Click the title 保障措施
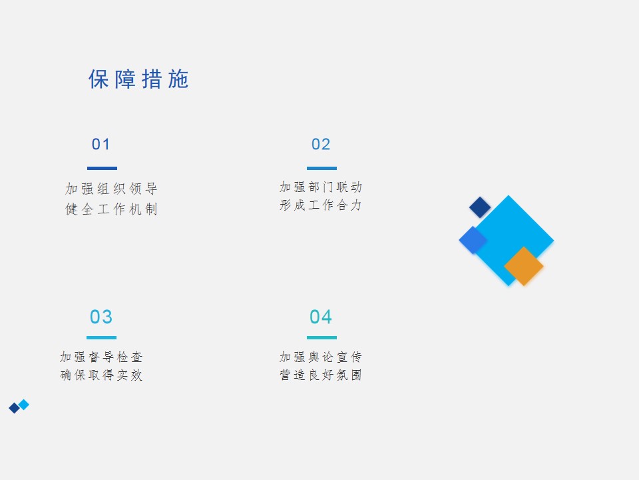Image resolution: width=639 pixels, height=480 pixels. point(138,79)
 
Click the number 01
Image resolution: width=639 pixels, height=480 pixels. point(101,144)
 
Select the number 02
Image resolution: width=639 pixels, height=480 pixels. point(321,144)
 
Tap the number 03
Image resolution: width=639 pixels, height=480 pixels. point(101,317)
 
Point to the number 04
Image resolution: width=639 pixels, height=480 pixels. point(321,317)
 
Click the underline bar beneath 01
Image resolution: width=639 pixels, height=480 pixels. point(102,168)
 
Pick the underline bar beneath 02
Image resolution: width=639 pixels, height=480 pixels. point(321,168)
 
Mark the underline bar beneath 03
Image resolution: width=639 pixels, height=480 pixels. point(101,337)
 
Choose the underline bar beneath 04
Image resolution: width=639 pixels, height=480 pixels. point(321,337)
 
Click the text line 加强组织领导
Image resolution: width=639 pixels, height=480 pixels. point(111,189)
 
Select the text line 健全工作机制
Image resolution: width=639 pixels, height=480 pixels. point(111,209)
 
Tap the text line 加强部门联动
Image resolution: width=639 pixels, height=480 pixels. point(321,187)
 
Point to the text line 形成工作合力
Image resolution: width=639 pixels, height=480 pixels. point(321,205)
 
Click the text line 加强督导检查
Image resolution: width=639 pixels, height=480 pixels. point(101,357)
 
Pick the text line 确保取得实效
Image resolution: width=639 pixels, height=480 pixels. point(101,375)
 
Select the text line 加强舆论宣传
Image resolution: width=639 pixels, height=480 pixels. point(321,357)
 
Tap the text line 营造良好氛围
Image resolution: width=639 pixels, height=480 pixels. point(321,375)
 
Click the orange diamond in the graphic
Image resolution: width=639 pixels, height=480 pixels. point(524,266)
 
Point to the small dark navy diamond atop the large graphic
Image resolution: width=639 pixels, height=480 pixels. point(480,207)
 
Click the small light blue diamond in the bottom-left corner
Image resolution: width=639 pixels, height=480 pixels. point(24,405)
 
